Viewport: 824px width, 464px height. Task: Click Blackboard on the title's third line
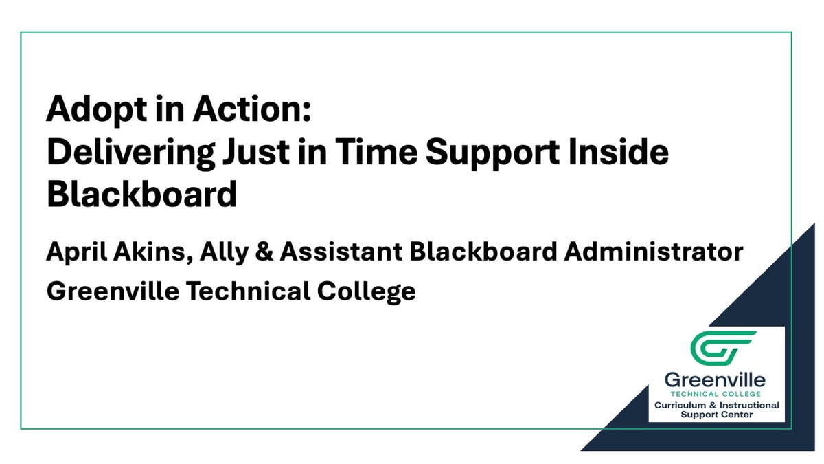141,195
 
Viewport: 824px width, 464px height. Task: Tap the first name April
75,252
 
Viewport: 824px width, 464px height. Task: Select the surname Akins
151,252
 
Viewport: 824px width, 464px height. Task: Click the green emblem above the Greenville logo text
722,349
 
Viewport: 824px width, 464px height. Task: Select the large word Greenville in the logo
715,379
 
